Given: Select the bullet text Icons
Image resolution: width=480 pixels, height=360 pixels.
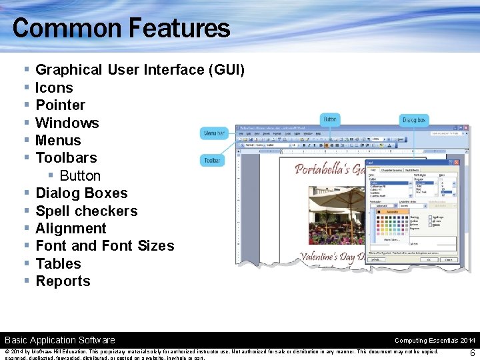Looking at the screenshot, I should [54, 87].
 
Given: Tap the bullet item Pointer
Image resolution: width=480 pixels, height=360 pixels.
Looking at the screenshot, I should [60, 105].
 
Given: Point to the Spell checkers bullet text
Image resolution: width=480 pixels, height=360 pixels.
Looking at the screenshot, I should [86, 211].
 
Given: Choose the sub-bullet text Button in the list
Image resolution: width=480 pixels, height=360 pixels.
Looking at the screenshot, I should [80, 176].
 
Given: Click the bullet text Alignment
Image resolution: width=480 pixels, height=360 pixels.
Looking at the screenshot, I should [71, 229].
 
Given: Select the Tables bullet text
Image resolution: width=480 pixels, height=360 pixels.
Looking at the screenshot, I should [58, 264].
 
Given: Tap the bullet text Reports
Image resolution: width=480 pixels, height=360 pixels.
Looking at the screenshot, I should [63, 281].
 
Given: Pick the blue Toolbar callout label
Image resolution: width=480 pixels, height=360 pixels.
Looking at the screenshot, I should [212, 160].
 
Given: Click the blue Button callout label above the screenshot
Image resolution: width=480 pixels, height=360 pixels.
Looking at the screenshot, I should [330, 119].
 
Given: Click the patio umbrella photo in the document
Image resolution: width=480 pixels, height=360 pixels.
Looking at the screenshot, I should [320, 213].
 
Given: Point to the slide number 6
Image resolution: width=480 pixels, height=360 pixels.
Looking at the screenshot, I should [472, 353].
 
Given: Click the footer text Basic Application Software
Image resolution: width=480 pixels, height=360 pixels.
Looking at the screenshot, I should [60, 340].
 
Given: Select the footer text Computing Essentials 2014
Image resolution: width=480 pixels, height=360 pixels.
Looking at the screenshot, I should [435, 340].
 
